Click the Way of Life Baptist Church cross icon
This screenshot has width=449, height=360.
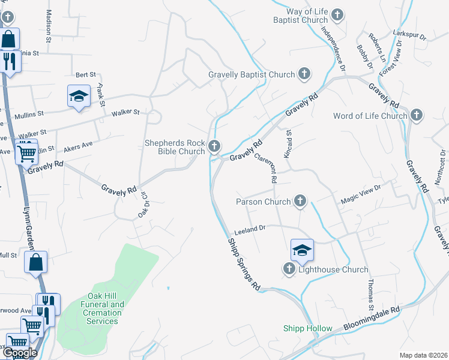click(x=337, y=14)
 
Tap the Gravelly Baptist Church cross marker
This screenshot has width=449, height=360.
click(x=304, y=74)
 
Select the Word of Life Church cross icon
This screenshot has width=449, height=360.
click(x=417, y=115)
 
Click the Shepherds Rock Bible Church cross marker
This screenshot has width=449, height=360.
click(x=214, y=146)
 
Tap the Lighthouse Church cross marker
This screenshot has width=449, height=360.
click(x=289, y=269)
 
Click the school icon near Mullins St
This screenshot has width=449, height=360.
click(x=78, y=96)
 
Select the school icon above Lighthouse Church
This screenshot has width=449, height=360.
click(x=303, y=250)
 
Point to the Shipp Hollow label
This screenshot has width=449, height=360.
click(x=308, y=328)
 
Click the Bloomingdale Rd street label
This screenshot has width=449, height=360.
click(x=372, y=319)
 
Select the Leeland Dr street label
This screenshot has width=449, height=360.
click(x=250, y=229)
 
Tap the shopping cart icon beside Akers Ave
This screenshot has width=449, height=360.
click(x=26, y=152)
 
